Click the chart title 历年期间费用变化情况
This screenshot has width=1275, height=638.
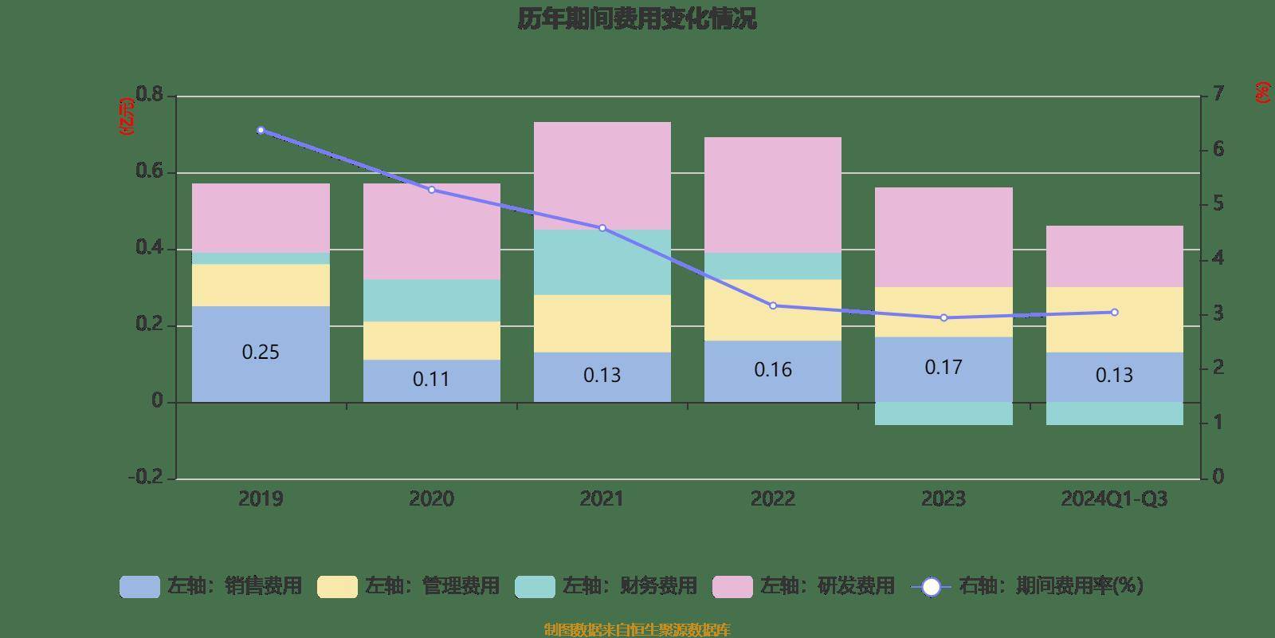click(x=637, y=19)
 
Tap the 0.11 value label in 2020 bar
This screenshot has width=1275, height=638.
click(x=431, y=380)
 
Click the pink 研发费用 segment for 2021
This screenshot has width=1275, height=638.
click(x=602, y=175)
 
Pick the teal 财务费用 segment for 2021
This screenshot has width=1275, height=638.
click(x=602, y=262)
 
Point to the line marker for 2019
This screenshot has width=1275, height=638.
click(x=261, y=130)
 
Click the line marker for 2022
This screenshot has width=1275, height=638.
click(x=773, y=305)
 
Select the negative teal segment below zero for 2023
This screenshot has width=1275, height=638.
click(x=943, y=413)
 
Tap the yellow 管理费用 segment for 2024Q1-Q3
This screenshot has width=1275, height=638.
click(x=1114, y=320)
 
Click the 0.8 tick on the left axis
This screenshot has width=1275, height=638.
click(x=149, y=95)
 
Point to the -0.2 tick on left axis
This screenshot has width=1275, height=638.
click(x=146, y=478)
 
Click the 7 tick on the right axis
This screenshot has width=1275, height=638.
click(x=1217, y=95)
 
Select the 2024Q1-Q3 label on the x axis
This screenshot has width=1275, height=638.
click(x=1114, y=499)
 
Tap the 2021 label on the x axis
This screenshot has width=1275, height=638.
click(x=602, y=499)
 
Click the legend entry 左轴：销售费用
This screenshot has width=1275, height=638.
click(x=211, y=586)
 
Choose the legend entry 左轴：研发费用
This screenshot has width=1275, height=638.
click(x=804, y=586)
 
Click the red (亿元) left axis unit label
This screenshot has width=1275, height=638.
click(x=126, y=116)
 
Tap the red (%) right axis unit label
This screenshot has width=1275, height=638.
click(x=1262, y=93)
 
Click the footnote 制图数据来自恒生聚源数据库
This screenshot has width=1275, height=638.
click(x=637, y=630)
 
